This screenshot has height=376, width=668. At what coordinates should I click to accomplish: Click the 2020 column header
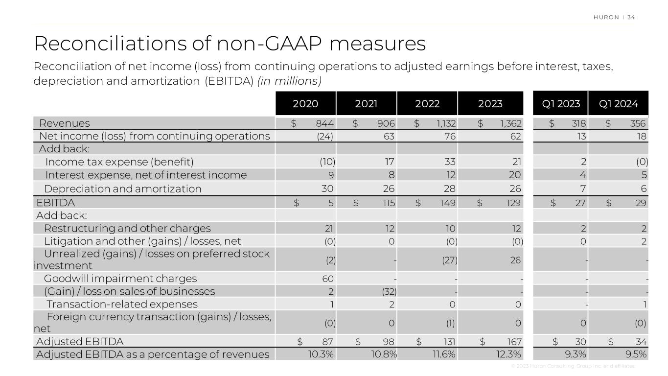click(x=305, y=104)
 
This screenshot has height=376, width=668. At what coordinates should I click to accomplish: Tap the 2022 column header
click(x=427, y=104)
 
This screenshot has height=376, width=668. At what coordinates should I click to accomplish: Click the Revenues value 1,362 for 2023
click(x=512, y=123)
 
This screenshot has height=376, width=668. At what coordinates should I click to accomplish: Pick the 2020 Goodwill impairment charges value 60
click(x=328, y=279)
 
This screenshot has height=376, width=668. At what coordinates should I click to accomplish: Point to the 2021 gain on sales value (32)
click(x=389, y=292)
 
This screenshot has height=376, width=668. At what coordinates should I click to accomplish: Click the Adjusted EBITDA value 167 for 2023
click(x=515, y=341)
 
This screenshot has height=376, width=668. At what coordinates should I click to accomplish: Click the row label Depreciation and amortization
click(x=122, y=188)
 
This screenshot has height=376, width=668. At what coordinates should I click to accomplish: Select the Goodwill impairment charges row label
click(x=120, y=279)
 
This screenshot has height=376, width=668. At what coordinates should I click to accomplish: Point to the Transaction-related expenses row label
click(x=122, y=305)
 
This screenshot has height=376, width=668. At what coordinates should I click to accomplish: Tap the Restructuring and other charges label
click(x=127, y=228)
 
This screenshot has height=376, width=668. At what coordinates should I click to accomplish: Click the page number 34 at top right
click(x=631, y=18)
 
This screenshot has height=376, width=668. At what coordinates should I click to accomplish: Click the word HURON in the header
click(x=606, y=18)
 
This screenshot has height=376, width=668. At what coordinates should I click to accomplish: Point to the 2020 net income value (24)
click(x=325, y=136)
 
